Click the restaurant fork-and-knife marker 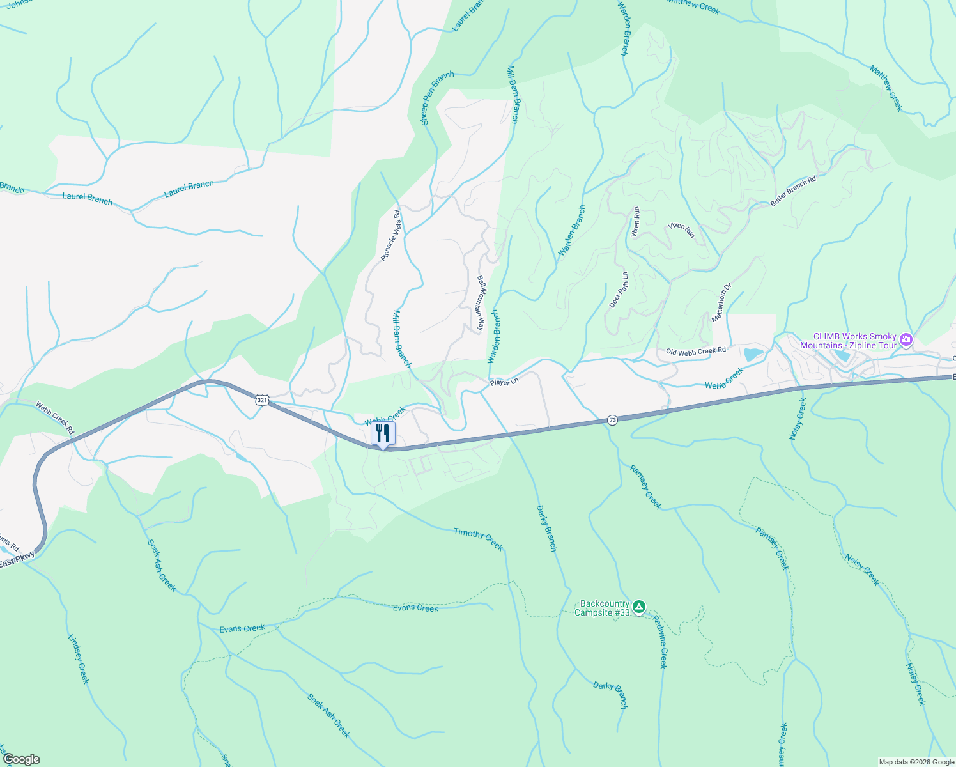[383, 433]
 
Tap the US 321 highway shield [261, 400]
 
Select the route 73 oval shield [613, 420]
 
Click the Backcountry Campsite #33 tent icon [639, 606]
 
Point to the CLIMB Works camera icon [906, 339]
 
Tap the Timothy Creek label [479, 539]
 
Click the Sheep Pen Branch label [437, 98]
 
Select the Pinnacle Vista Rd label [390, 235]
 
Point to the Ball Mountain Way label [481, 303]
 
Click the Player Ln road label [504, 382]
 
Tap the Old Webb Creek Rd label [696, 351]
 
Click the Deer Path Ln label [619, 290]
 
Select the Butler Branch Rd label [793, 191]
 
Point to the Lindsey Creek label [78, 659]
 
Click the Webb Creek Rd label [55, 418]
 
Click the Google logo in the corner [21, 759]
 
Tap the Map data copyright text [916, 762]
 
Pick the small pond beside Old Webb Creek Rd [753, 354]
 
